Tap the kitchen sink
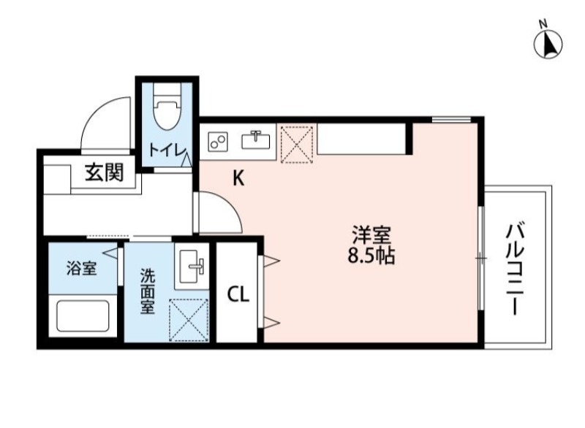pos(257,138)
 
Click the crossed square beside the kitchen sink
pos(297,142)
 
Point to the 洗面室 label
pos(148,291)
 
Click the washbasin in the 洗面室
pos(192,267)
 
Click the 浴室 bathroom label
pos(81,268)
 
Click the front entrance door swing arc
pos(106,121)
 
